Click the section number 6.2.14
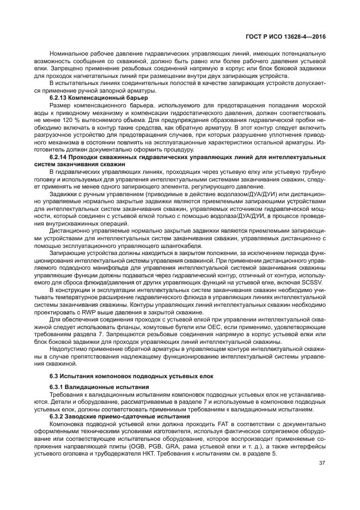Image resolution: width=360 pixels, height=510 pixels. (x=59, y=157)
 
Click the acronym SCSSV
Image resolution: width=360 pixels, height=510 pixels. (x=314, y=284)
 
